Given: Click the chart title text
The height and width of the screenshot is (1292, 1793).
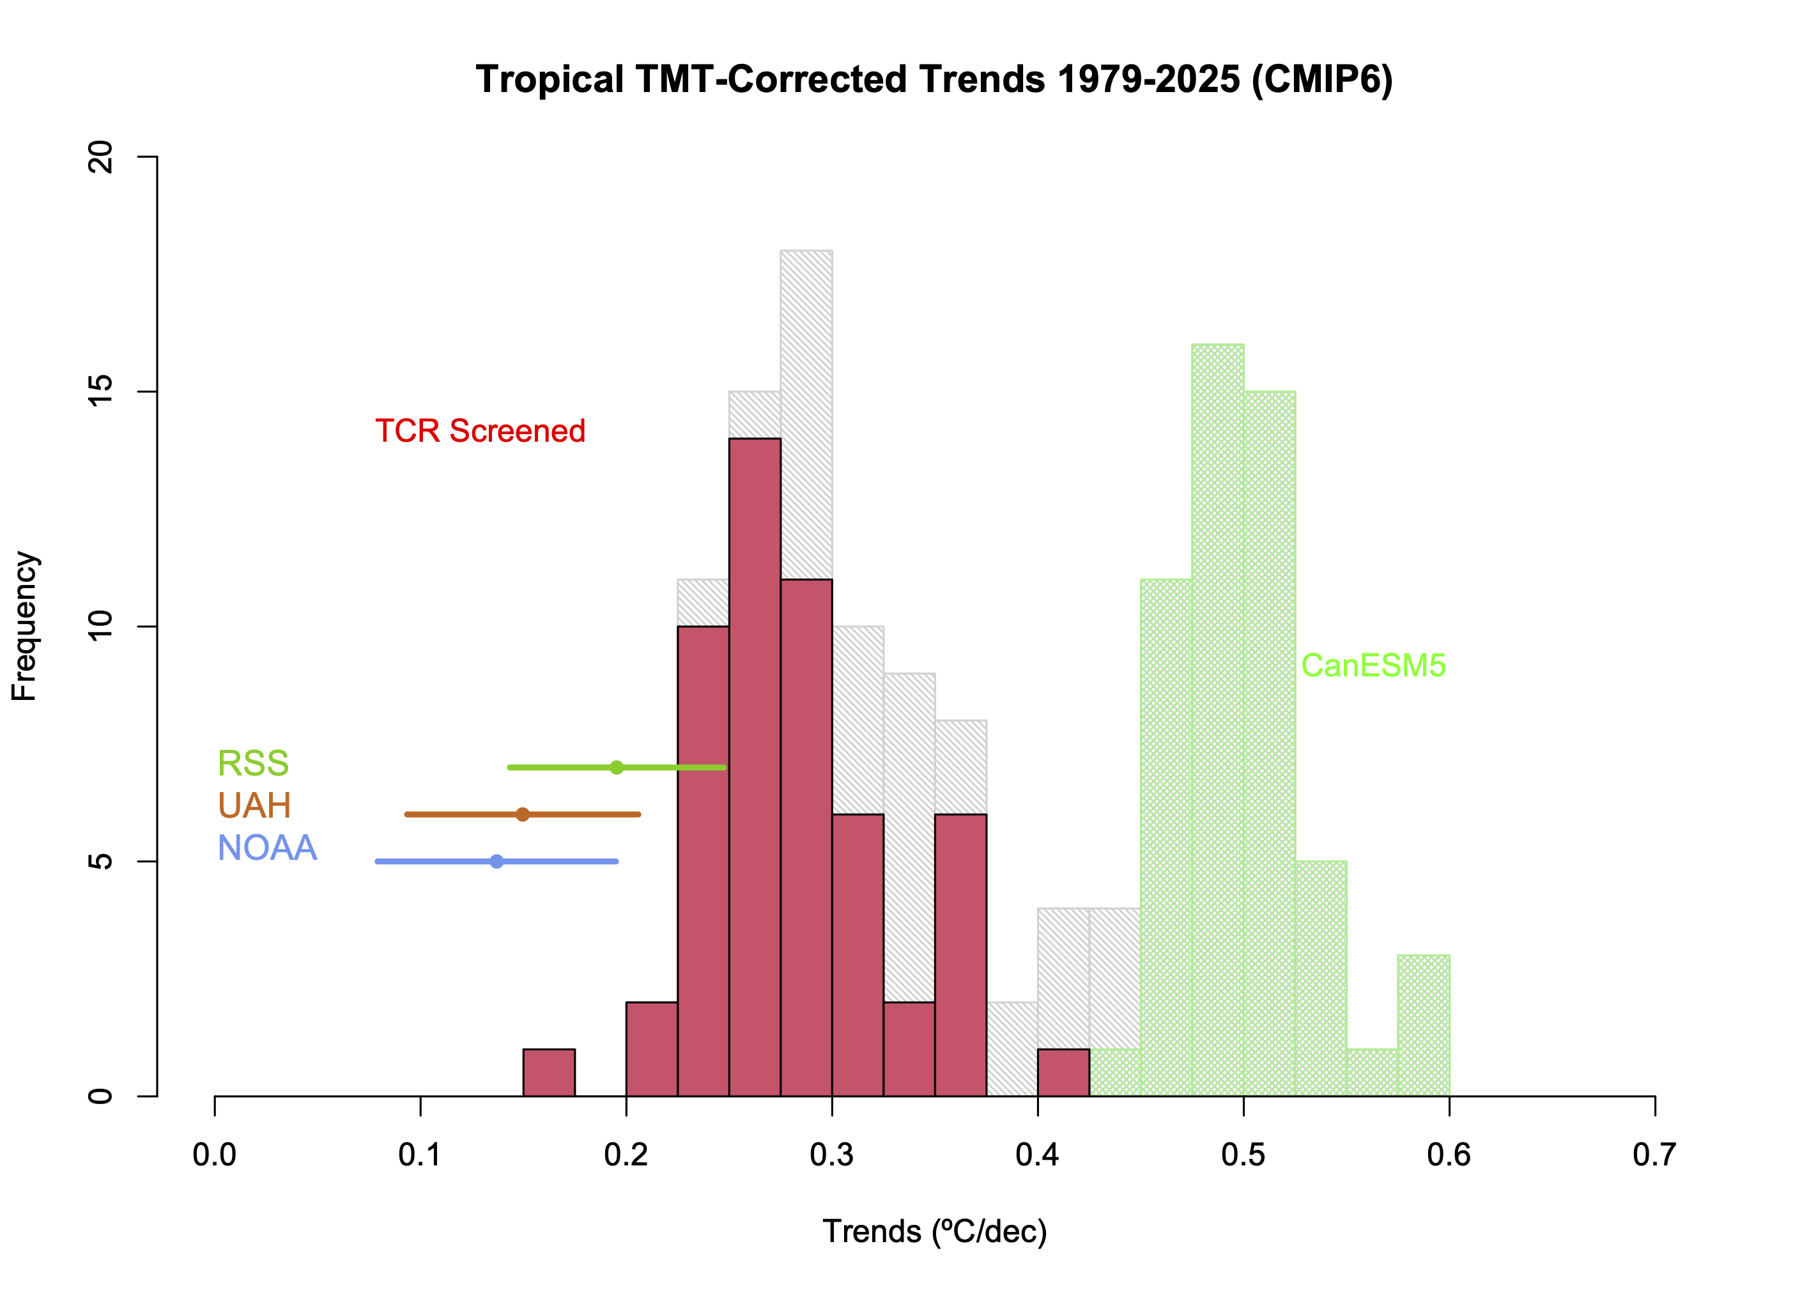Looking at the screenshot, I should [x=934, y=80].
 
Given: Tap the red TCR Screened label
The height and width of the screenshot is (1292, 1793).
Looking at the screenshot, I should [x=480, y=431].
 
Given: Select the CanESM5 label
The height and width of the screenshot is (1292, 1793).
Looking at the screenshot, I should [x=1373, y=665].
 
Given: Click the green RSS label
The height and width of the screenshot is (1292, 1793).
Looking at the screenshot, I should [x=253, y=764].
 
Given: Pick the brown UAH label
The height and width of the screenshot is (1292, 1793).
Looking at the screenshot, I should [x=254, y=806].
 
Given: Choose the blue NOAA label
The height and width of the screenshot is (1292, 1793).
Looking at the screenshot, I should [x=267, y=848].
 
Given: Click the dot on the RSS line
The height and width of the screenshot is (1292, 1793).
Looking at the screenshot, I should [x=617, y=768].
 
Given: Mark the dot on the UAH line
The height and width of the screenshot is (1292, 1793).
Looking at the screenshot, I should [x=523, y=814].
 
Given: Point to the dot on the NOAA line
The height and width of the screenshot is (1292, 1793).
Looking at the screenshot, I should [x=496, y=862].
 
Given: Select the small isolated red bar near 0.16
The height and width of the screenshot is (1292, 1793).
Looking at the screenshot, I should [x=549, y=1073].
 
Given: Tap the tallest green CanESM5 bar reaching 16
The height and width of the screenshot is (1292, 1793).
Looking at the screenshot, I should [x=1217, y=720].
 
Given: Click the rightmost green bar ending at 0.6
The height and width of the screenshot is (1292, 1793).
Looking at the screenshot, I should [x=1423, y=1025].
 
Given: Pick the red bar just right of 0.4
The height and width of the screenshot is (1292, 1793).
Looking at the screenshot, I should [x=1063, y=1073].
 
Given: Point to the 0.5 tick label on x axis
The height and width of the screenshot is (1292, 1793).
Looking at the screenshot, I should [x=1243, y=1155].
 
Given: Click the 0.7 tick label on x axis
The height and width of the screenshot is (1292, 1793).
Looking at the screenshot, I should [x=1654, y=1155].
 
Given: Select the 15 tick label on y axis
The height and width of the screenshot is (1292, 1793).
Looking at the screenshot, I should [x=101, y=391].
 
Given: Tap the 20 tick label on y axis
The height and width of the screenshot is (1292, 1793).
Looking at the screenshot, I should [x=101, y=157].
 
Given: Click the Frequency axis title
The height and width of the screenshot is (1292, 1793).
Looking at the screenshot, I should [x=24, y=627].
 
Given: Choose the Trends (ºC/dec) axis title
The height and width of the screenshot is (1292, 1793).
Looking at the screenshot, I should [x=934, y=1232].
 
